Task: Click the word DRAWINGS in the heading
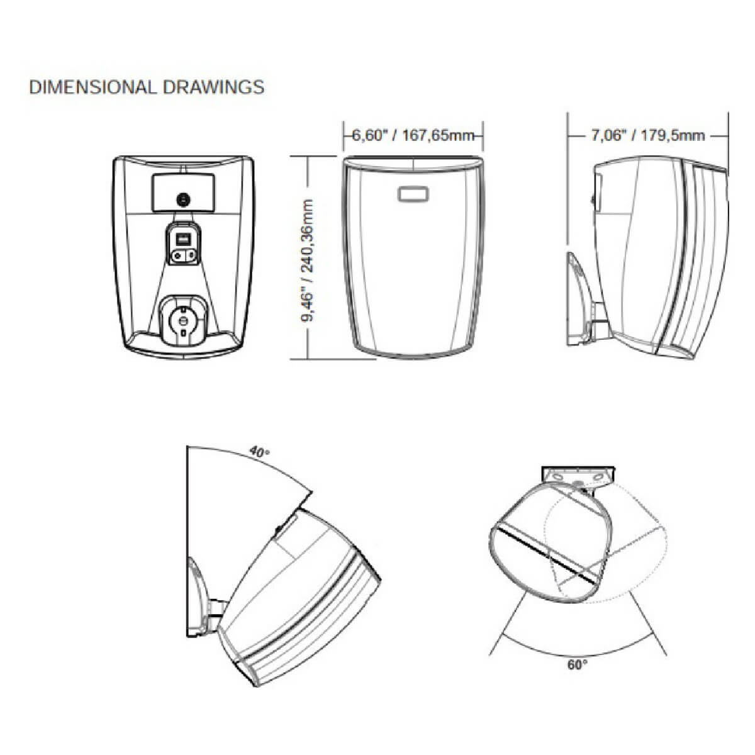[214, 87]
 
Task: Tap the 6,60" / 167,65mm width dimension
[413, 135]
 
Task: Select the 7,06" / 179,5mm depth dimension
[647, 135]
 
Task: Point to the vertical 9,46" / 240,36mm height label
[308, 260]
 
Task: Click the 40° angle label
[260, 452]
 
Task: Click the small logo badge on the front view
[413, 194]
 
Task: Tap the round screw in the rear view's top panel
[183, 200]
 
